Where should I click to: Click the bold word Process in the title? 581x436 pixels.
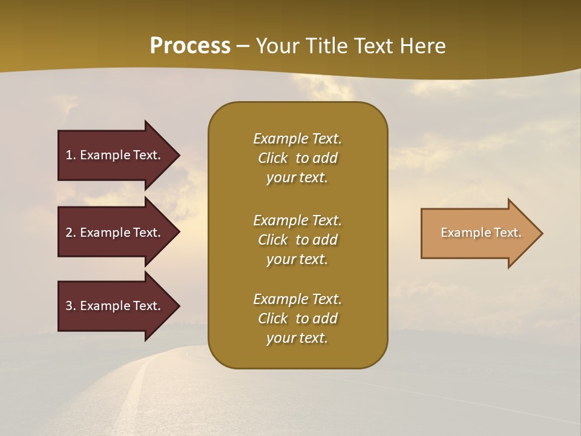tap(190, 46)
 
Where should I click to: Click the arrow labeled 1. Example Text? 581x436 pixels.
tap(115, 155)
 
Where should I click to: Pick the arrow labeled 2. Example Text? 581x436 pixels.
tap(115, 233)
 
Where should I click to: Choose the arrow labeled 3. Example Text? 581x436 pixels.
tap(115, 306)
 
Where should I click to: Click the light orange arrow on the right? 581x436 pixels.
tap(478, 233)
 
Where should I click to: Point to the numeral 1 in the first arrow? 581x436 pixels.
tap(69, 155)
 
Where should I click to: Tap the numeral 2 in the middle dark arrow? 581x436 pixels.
tap(69, 233)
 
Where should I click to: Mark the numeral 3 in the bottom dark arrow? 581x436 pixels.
tap(69, 306)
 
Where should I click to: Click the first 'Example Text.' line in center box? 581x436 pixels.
tap(297, 139)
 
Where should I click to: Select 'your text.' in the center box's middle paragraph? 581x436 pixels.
tap(297, 259)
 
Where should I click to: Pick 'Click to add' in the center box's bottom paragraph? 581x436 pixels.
tap(297, 319)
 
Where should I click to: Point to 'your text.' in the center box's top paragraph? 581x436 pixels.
tap(297, 177)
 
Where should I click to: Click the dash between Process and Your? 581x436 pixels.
tap(243, 47)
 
